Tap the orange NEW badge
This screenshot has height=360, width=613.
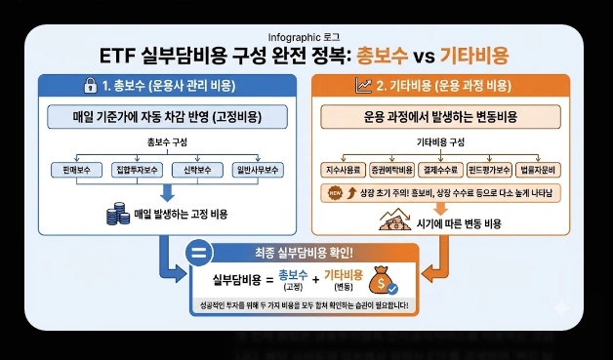(x=339, y=193)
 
